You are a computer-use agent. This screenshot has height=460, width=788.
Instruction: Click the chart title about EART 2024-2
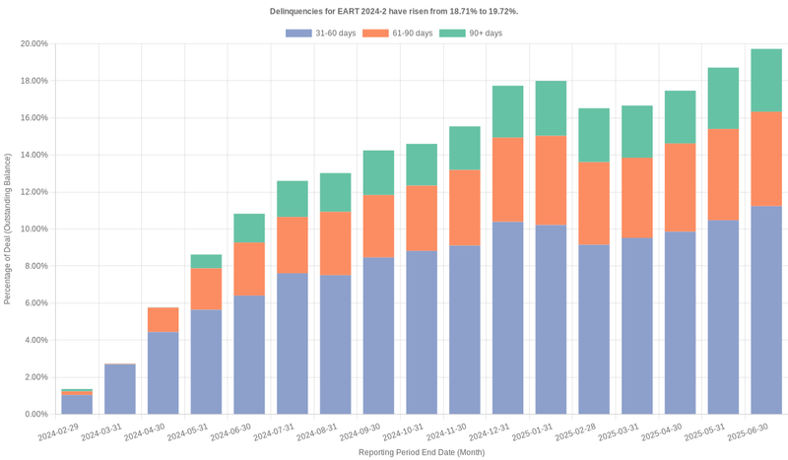pos(394,11)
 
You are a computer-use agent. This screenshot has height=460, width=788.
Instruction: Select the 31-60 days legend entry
pos(321,33)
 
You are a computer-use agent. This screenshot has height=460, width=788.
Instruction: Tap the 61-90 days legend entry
pos(398,33)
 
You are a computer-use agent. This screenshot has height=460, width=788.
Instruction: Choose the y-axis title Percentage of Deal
pos(8,229)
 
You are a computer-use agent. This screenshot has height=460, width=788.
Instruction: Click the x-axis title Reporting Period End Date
pos(421,452)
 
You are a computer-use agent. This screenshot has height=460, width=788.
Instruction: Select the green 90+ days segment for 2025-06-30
pos(766,81)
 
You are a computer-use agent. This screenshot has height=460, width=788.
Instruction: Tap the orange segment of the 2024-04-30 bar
pos(164,320)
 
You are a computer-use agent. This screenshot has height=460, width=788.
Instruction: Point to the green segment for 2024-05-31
pos(206,262)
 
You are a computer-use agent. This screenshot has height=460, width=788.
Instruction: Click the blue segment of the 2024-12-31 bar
pos(507,318)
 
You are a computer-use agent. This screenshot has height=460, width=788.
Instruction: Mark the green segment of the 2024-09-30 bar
pos(378,172)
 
